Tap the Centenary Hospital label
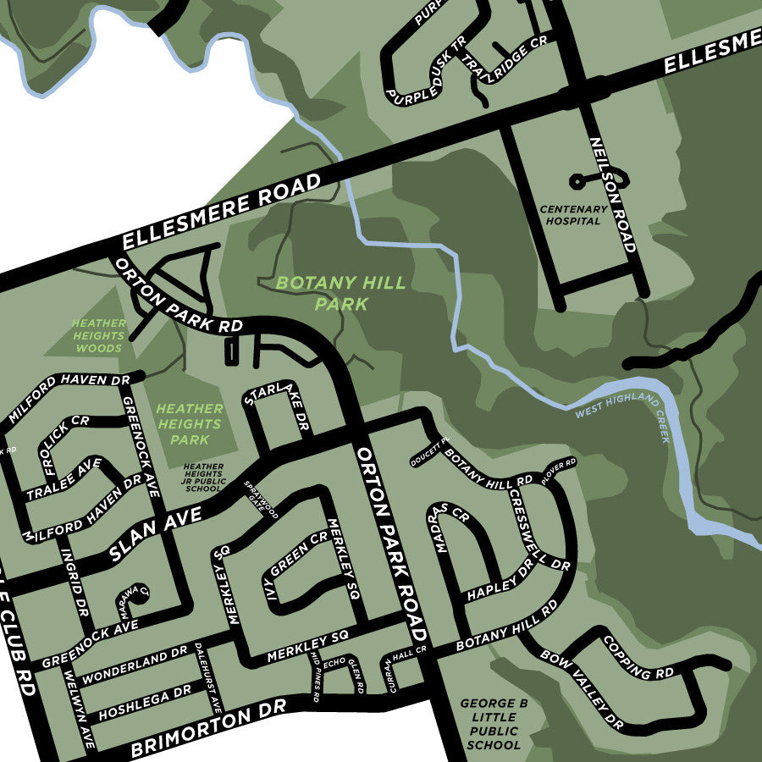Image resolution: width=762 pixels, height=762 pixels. point(574,214)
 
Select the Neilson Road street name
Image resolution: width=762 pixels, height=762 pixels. point(611,194)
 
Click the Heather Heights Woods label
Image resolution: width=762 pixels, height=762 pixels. point(99,335)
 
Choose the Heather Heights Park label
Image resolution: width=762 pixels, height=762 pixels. point(189,423)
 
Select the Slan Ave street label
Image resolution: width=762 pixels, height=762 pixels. point(156,536)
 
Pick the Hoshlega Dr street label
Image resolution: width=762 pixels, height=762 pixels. point(145,704)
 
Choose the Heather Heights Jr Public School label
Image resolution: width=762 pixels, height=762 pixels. point(203,478)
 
